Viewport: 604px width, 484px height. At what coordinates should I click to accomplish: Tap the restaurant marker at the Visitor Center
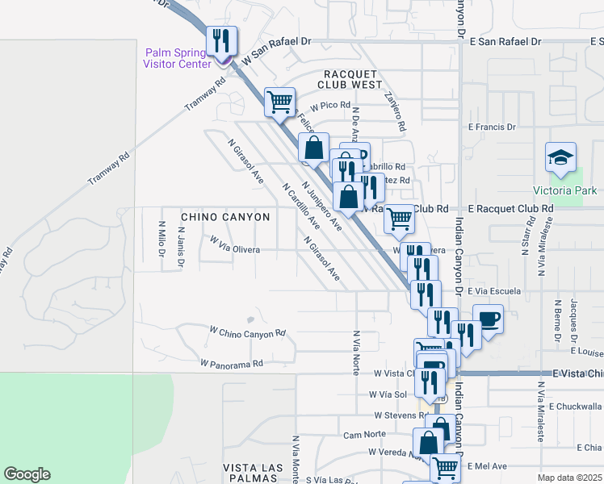[220, 43]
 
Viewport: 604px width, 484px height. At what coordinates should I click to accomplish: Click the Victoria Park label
[565, 191]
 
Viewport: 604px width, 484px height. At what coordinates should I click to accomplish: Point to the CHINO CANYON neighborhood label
[225, 217]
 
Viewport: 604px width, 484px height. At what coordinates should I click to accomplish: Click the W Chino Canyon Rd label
[248, 332]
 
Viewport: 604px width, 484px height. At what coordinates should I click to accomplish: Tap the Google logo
[27, 474]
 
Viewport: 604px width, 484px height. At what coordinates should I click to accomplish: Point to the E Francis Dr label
[492, 127]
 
